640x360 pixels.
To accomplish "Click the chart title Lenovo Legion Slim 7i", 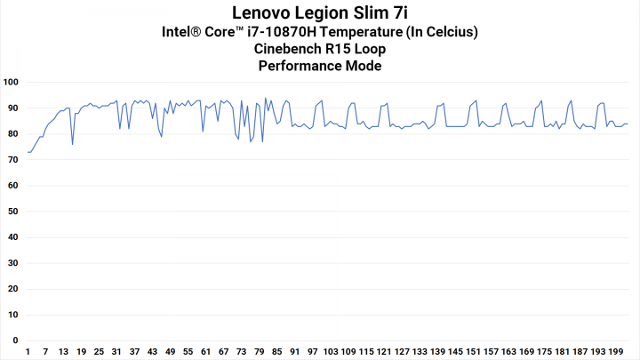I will (320, 13).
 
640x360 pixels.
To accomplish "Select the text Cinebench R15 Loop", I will (320, 49).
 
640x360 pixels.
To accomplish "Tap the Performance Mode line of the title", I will (320, 66).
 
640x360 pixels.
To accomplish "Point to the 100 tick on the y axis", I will (12, 82).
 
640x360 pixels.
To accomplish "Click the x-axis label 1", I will (28, 351).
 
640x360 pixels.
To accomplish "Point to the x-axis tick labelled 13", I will (63, 351).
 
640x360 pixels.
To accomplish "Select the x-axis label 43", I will (152, 351).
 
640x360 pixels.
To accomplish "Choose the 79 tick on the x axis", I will (259, 351).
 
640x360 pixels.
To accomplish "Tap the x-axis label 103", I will (330, 351).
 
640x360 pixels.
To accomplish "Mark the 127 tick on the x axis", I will (402, 351).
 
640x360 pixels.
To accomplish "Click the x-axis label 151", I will (473, 351).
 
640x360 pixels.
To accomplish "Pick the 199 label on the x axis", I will (615, 351).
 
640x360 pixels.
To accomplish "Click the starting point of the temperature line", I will (28, 152).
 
